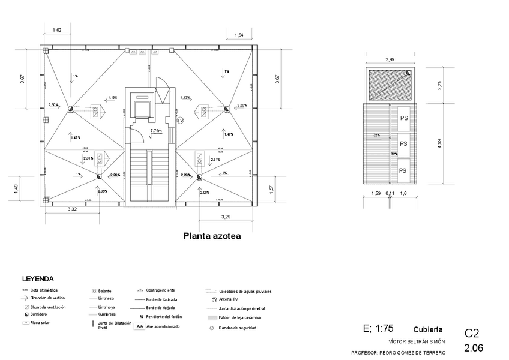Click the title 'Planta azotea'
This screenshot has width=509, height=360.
(x=212, y=236)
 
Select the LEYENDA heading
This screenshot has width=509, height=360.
(x=38, y=279)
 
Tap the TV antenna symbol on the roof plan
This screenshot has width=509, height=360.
(x=180, y=121)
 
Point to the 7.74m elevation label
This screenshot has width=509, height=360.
(x=156, y=130)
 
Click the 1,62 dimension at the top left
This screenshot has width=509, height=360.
(x=58, y=29)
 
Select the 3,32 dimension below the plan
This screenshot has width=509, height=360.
(x=73, y=209)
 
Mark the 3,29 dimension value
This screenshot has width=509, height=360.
(x=226, y=216)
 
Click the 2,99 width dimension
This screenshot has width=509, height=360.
(x=390, y=59)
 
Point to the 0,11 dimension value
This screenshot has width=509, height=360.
(x=390, y=193)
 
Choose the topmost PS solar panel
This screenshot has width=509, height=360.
(x=403, y=118)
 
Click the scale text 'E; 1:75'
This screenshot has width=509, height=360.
(x=378, y=329)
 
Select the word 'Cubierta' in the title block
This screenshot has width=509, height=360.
(x=428, y=329)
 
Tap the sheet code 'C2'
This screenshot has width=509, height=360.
(x=472, y=333)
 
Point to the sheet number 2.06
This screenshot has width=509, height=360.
(x=474, y=347)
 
